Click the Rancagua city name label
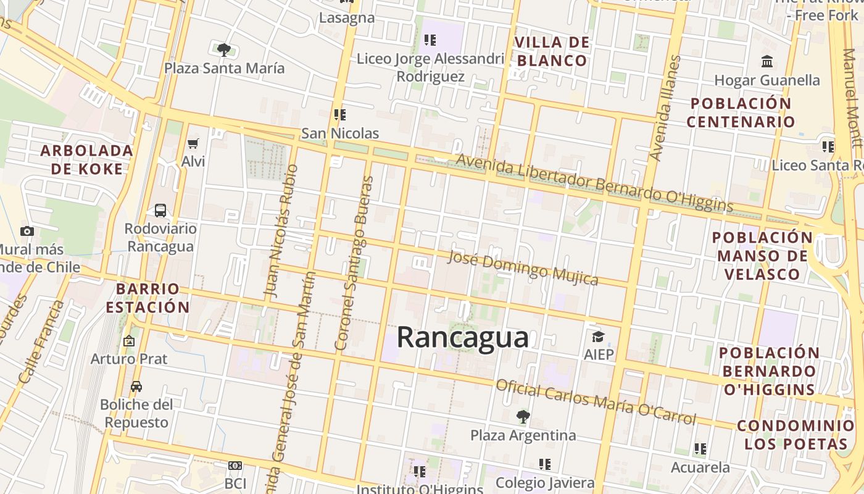coord(462,338)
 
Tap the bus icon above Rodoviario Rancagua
coord(160,211)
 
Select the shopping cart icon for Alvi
coord(193,144)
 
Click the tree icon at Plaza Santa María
coord(224,50)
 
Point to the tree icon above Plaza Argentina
coord(523,417)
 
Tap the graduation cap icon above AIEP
coord(598,337)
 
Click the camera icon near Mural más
coord(27,232)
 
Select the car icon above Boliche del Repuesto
coord(136,387)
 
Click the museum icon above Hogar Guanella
coord(767,62)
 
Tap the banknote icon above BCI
coord(235,465)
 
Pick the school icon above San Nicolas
coord(339,115)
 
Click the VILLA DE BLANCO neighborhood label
coord(552,51)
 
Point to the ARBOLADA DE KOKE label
coord(87,159)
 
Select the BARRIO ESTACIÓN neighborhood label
coord(147,298)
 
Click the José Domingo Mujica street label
coord(523,268)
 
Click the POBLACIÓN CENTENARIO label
coord(741,112)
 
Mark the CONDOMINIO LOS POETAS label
coord(795,435)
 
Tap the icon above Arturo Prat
coord(128,341)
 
